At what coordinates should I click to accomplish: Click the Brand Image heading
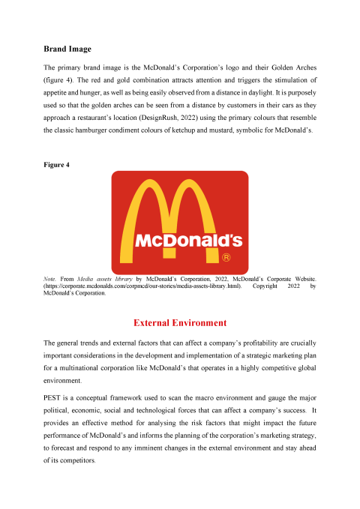[67, 49]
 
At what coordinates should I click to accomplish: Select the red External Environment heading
[179, 323]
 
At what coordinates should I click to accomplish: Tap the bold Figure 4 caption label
[57, 164]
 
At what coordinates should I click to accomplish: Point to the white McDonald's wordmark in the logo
[188, 241]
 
